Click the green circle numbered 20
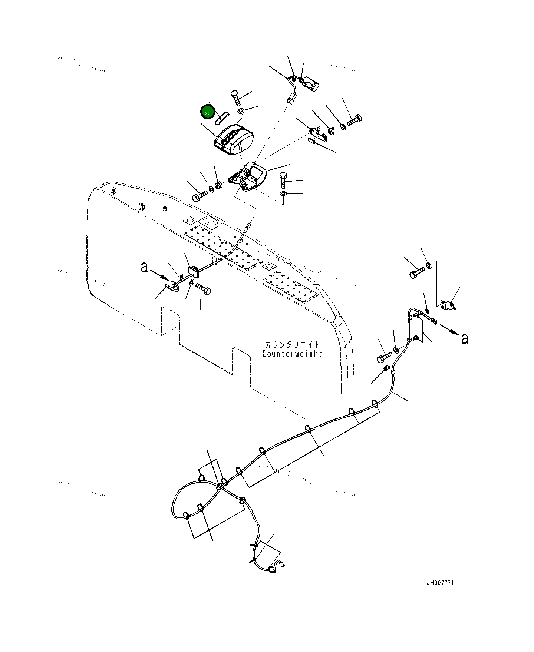207,113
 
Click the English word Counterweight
292,354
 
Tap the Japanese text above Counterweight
292,344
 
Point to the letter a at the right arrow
464,338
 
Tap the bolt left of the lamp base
200,195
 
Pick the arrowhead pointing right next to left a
167,277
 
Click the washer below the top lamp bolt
240,111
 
